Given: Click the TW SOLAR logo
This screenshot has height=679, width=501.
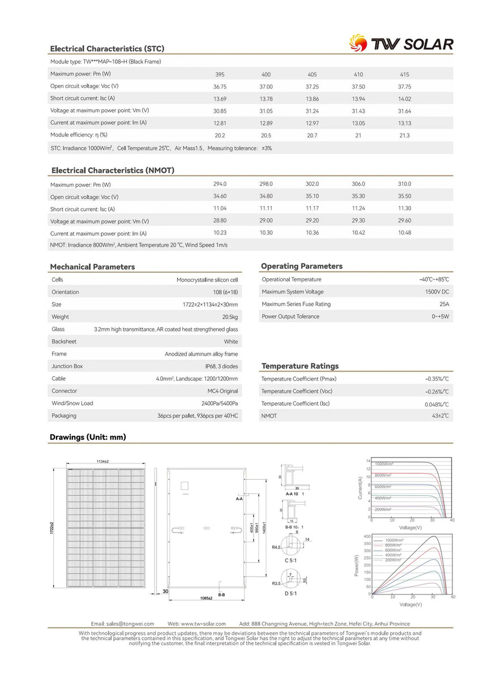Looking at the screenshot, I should [x=401, y=44].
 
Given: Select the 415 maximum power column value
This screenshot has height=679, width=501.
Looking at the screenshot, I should [x=404, y=75].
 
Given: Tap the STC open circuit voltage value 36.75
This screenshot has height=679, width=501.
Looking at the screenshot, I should [x=220, y=87].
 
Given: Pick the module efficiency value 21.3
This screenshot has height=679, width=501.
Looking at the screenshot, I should [x=404, y=136].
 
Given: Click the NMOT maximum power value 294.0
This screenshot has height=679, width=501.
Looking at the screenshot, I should [x=220, y=184].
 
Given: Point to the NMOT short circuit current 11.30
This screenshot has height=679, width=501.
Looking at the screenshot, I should [x=404, y=208].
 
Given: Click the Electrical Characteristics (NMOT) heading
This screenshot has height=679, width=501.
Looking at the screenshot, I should [x=113, y=170].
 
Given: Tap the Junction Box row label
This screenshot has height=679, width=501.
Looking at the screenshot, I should [x=67, y=366].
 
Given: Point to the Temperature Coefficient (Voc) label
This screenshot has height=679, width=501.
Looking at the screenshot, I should [x=297, y=392].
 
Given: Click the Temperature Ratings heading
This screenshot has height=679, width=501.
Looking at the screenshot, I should [x=300, y=366].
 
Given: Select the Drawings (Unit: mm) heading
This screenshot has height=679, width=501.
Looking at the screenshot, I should [x=88, y=437].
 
